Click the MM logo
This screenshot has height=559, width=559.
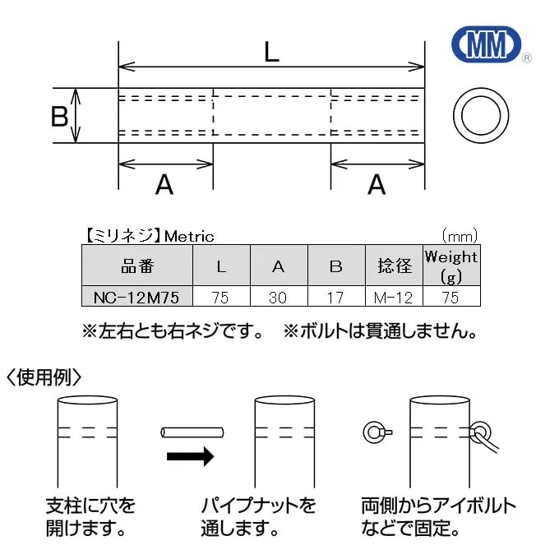(x=487, y=44)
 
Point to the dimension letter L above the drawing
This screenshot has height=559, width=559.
(x=271, y=53)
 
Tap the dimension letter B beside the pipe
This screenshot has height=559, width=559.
(x=59, y=116)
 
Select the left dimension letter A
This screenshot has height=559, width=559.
(x=164, y=184)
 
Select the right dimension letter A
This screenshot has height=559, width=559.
(x=377, y=184)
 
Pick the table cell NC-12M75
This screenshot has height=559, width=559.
(x=137, y=297)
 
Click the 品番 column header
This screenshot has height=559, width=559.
(x=137, y=266)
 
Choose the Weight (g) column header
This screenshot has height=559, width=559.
(x=451, y=266)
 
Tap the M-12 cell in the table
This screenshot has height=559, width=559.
(x=394, y=297)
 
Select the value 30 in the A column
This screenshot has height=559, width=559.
(x=279, y=297)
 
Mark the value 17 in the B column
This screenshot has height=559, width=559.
(x=336, y=297)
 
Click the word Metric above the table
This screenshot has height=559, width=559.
(x=189, y=237)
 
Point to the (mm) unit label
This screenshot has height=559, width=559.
(x=460, y=236)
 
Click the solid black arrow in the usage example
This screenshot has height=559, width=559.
(x=191, y=456)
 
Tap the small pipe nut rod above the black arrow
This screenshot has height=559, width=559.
(x=192, y=432)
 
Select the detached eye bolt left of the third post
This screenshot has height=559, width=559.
(x=377, y=432)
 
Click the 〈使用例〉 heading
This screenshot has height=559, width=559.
(x=44, y=377)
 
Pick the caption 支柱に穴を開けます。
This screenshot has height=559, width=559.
(x=90, y=517)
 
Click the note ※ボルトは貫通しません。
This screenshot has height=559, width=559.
(x=380, y=331)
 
